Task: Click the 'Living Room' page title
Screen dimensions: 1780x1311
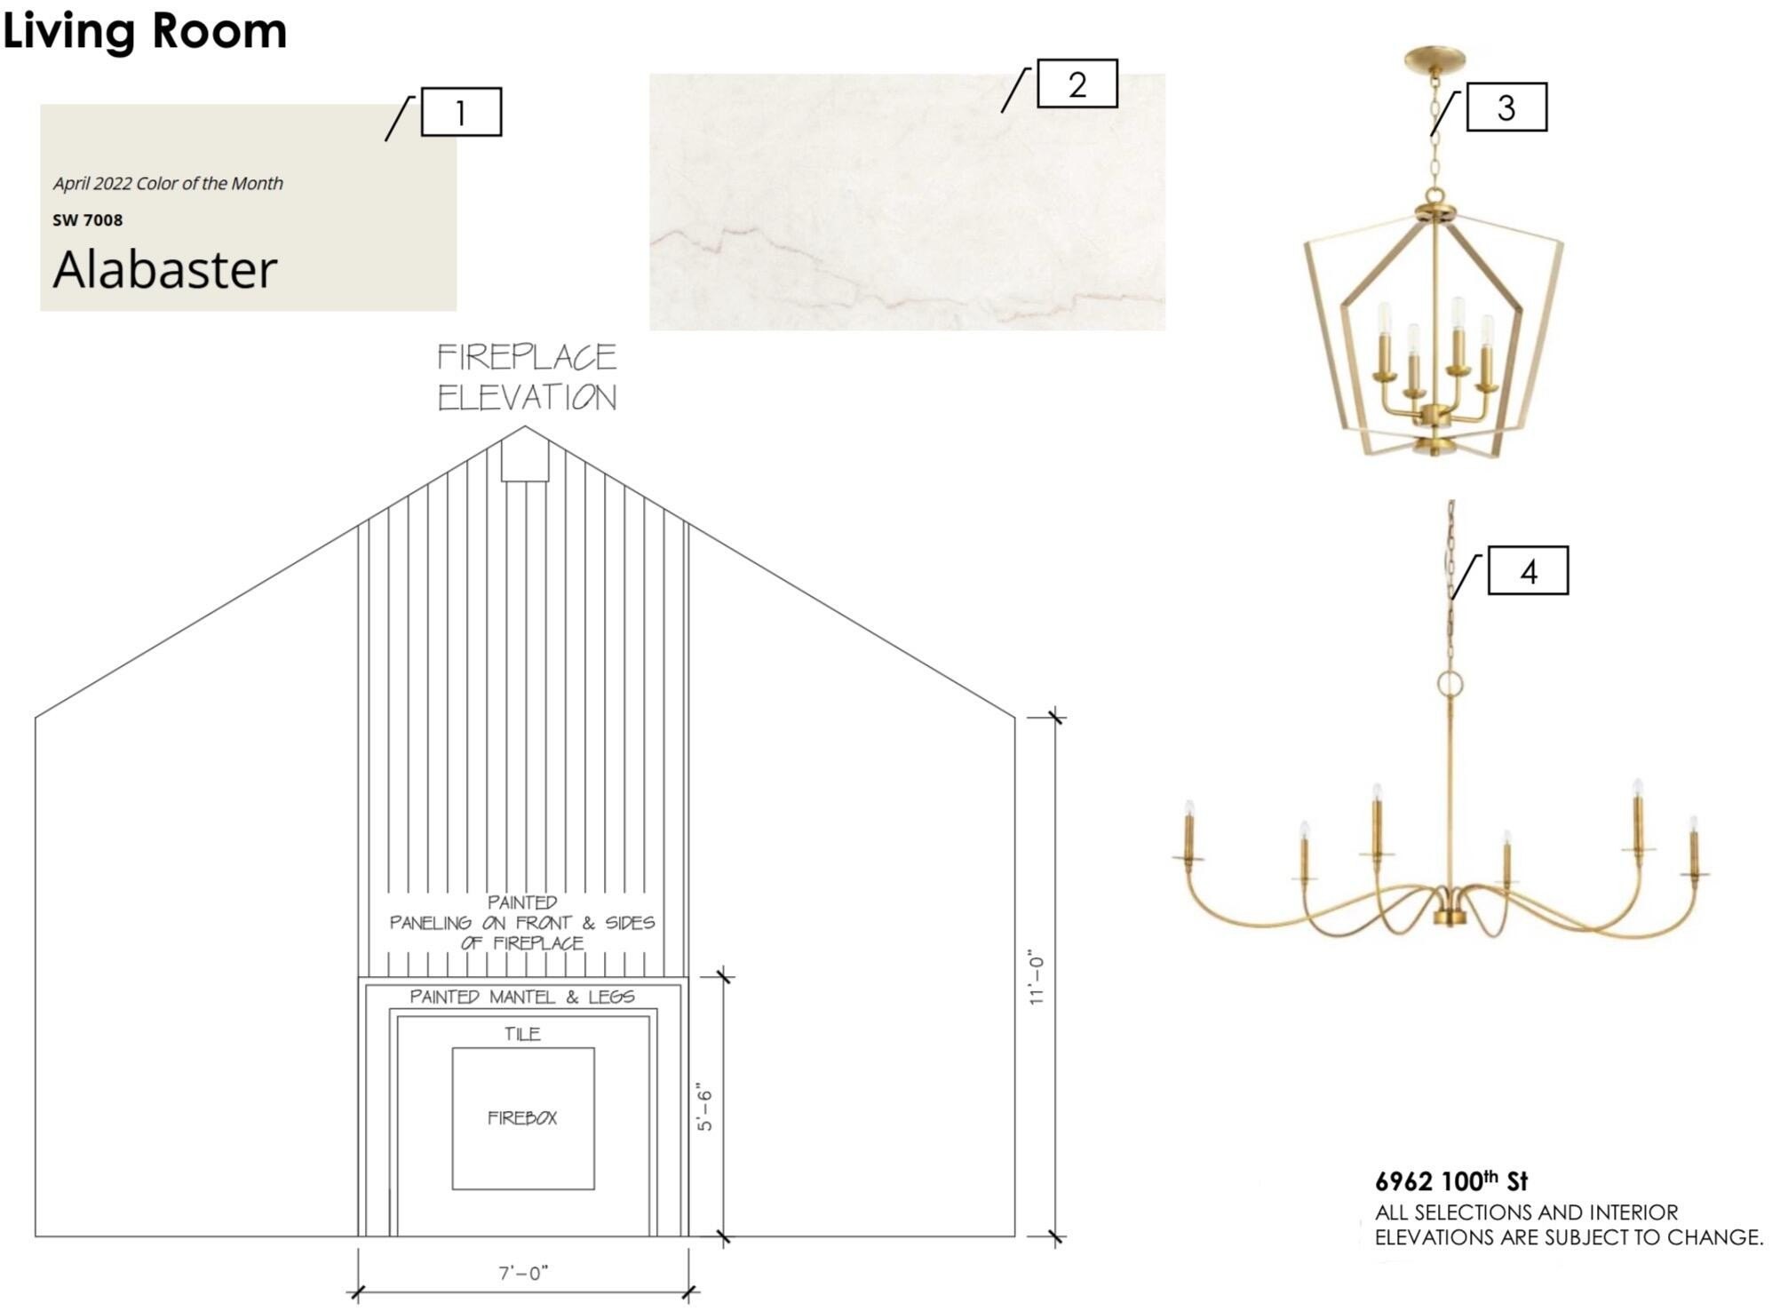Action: (145, 31)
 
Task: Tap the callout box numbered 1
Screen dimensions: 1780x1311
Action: (461, 112)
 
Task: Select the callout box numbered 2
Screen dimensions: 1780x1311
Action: (1077, 83)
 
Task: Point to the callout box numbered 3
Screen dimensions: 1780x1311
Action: (1506, 107)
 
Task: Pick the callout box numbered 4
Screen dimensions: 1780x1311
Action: (1529, 570)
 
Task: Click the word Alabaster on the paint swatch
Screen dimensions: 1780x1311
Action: (165, 269)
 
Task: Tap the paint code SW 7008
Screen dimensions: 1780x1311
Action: (88, 219)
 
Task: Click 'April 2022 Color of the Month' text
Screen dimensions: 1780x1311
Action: (168, 183)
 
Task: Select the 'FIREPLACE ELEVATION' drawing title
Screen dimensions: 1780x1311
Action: (527, 377)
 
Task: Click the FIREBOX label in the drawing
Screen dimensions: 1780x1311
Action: (522, 1117)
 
